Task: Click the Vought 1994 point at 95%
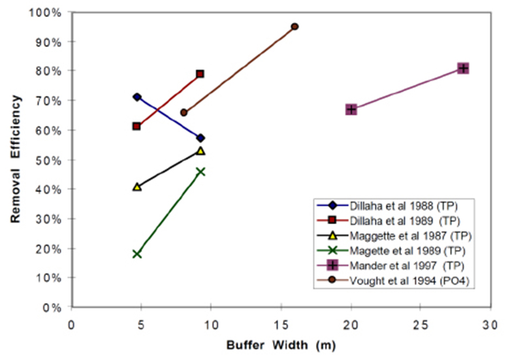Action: tap(294, 27)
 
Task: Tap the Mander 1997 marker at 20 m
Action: tap(351, 109)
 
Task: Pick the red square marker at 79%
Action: tap(200, 74)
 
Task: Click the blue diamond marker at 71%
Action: tap(136, 97)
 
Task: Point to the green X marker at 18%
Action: tap(136, 254)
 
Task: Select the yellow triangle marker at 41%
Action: tap(136, 187)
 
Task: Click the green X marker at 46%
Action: tap(200, 172)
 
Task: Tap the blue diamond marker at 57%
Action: tap(200, 138)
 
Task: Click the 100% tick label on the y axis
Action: tap(49, 12)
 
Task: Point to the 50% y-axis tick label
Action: tap(52, 160)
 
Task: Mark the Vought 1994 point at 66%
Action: tap(183, 112)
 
